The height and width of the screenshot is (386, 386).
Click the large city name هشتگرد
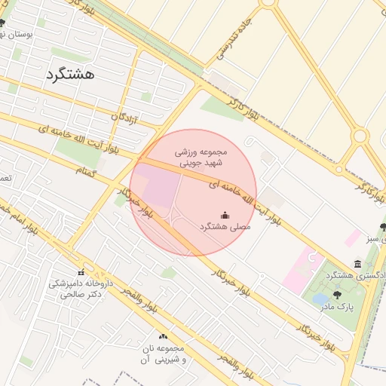[x=69, y=74]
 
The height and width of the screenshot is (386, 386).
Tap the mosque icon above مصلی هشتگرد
[x=224, y=216]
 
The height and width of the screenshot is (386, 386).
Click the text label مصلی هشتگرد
[x=225, y=226]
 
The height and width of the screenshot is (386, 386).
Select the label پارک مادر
[x=337, y=306]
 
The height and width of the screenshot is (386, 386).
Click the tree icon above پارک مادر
[x=337, y=295]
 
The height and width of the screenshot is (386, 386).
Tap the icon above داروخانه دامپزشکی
[x=80, y=272]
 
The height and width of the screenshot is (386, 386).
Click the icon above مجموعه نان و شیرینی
[x=163, y=336]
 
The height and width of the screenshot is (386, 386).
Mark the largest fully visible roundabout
[x=360, y=136]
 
